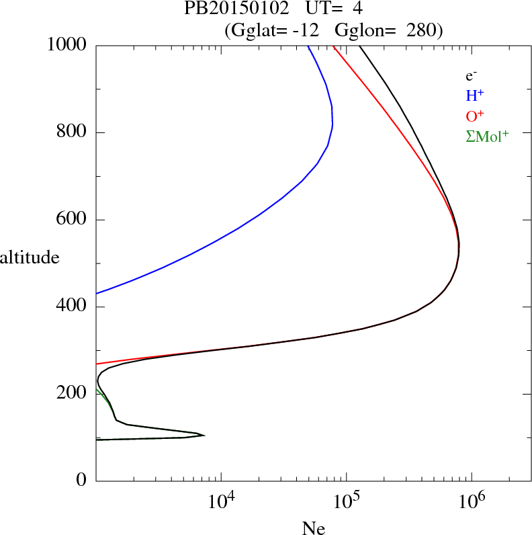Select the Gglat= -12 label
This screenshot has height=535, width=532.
pos(273,30)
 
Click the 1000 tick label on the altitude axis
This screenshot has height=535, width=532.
pos(68,45)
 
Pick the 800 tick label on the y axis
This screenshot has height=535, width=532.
pos(72,132)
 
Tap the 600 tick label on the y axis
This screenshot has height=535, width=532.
pos(72,220)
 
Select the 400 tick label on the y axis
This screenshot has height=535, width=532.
pos(72,307)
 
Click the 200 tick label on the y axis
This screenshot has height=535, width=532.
pos(72,394)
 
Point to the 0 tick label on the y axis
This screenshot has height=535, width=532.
pos(81,481)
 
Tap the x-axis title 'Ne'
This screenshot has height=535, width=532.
pos(313,528)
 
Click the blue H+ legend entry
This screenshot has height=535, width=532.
pos(475,96)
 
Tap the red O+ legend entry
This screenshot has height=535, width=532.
pos(475,116)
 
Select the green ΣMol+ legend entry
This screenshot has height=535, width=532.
pos(487,136)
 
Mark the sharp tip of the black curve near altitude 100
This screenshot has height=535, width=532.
pos(204,436)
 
